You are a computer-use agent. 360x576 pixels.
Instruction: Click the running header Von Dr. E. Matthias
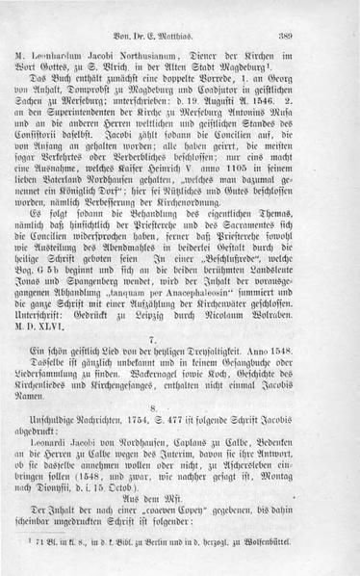click(178, 32)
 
